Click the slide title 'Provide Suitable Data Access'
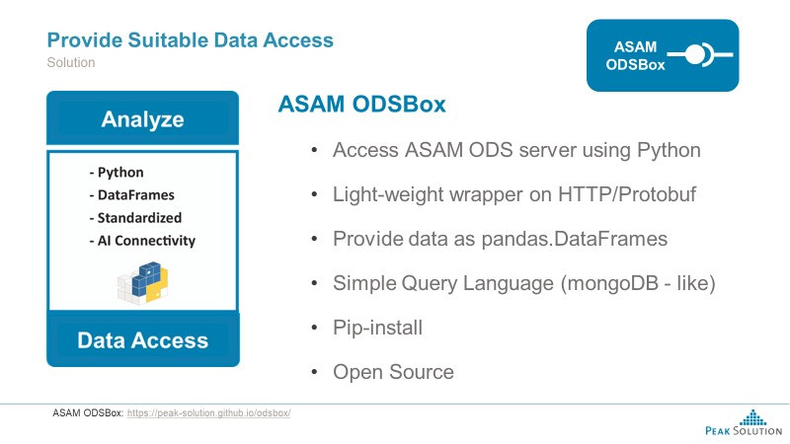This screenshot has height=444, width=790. coord(191,40)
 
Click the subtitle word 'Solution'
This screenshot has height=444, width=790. coord(71,62)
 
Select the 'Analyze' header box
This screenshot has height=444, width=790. coord(143,119)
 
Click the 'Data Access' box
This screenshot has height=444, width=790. coord(143,340)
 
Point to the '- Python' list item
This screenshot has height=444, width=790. coord(116,173)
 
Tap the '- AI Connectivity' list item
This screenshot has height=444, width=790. coord(142,241)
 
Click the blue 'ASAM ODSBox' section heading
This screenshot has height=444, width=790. coord(361,105)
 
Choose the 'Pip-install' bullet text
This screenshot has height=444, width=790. coord(377,328)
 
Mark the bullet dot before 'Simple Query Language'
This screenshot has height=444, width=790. coord(314,284)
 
